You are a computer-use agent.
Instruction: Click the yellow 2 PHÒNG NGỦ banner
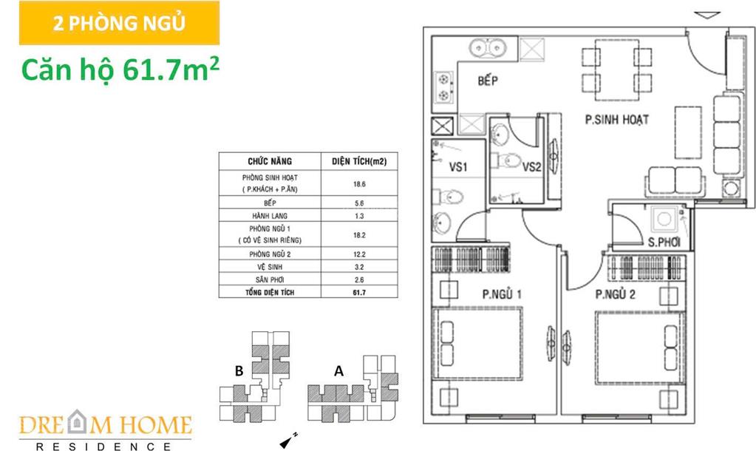pyautogui.click(x=119, y=23)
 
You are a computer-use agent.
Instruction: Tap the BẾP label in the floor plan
pyautogui.click(x=488, y=80)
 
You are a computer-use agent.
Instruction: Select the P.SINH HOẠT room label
pyautogui.click(x=616, y=119)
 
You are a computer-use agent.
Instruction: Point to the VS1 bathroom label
pyautogui.click(x=458, y=167)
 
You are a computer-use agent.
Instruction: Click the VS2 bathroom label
pyautogui.click(x=532, y=167)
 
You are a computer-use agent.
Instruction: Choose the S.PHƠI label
pyautogui.click(x=664, y=242)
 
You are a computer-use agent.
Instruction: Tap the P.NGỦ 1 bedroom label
pyautogui.click(x=502, y=294)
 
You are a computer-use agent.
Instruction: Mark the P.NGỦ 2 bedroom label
pyautogui.click(x=615, y=294)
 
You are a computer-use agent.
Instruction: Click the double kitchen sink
pyautogui.click(x=487, y=48)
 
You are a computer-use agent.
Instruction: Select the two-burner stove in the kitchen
pyautogui.click(x=444, y=87)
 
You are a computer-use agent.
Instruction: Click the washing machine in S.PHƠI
pyautogui.click(x=664, y=219)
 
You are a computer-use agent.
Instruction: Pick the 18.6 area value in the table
pyautogui.click(x=359, y=184)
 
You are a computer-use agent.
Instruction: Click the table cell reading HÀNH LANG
pyautogui.click(x=270, y=216)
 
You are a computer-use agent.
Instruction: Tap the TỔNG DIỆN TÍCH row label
pyautogui.click(x=270, y=292)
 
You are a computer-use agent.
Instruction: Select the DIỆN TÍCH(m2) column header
pyautogui.click(x=359, y=162)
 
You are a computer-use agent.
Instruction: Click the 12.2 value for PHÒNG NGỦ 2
pyautogui.click(x=359, y=254)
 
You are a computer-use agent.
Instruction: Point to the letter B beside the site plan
pyautogui.click(x=239, y=371)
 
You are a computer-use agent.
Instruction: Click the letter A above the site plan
pyautogui.click(x=339, y=371)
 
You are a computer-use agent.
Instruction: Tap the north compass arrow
pyautogui.click(x=287, y=441)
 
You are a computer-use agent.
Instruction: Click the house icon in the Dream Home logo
pyautogui.click(x=75, y=421)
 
